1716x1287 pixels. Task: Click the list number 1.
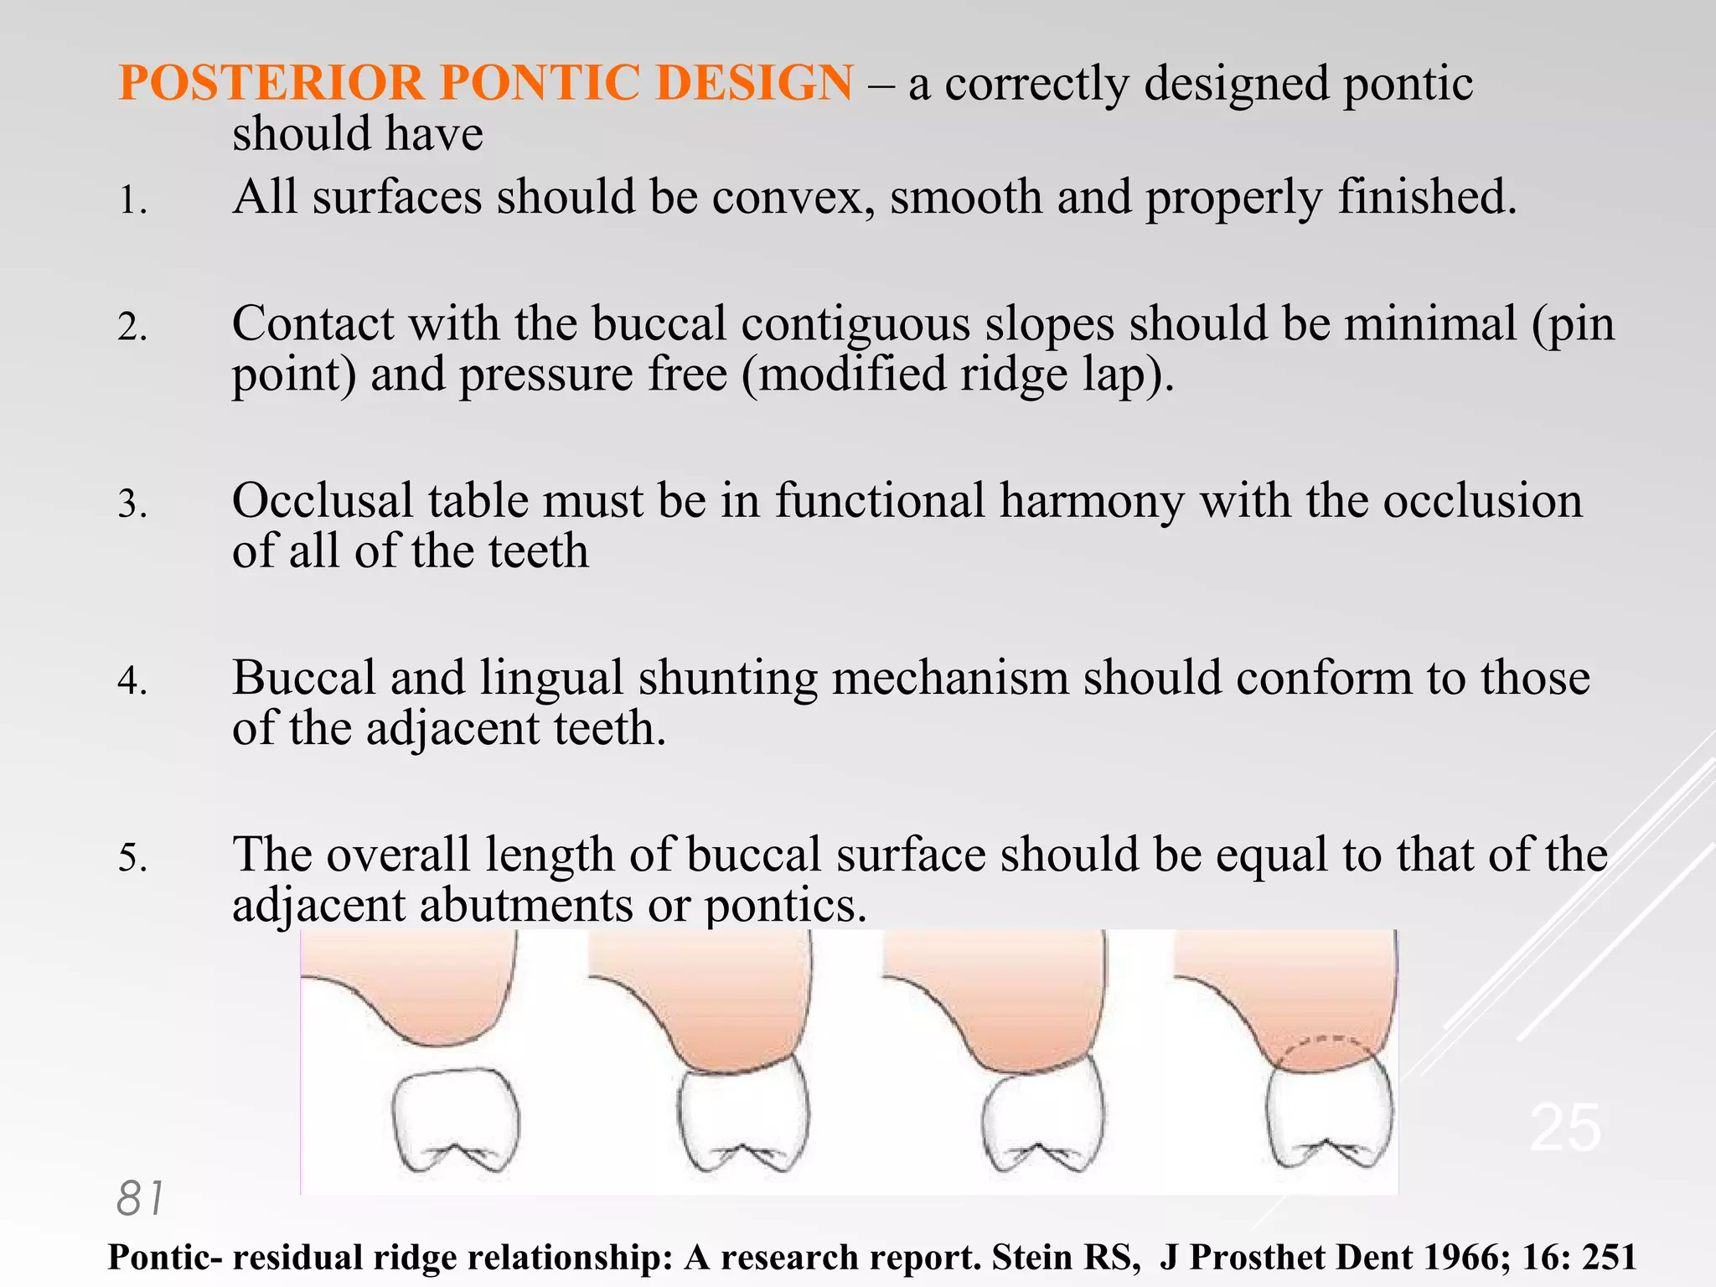(x=132, y=201)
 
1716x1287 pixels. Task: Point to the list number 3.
(x=132, y=504)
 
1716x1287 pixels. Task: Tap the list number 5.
(x=132, y=858)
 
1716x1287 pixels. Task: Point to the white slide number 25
(x=1564, y=1129)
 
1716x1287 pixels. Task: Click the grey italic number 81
(x=140, y=1197)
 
